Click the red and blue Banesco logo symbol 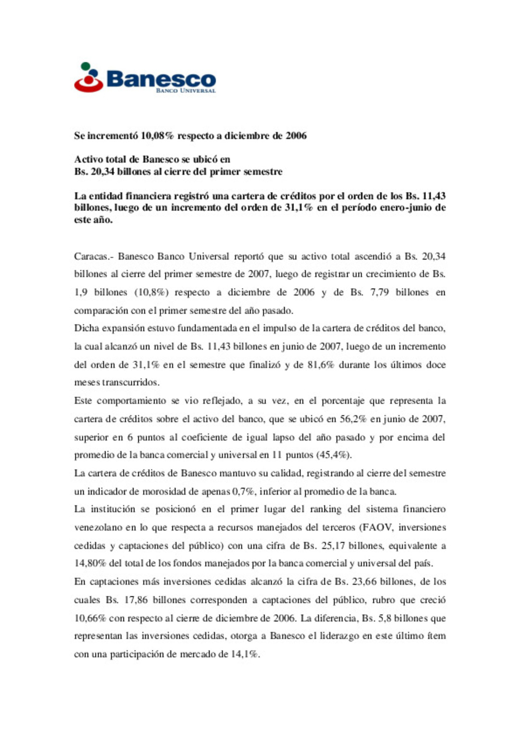pos(89,78)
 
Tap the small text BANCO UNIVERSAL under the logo pos(185,91)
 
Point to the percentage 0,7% pos(243,492)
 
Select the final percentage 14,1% pos(246,655)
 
